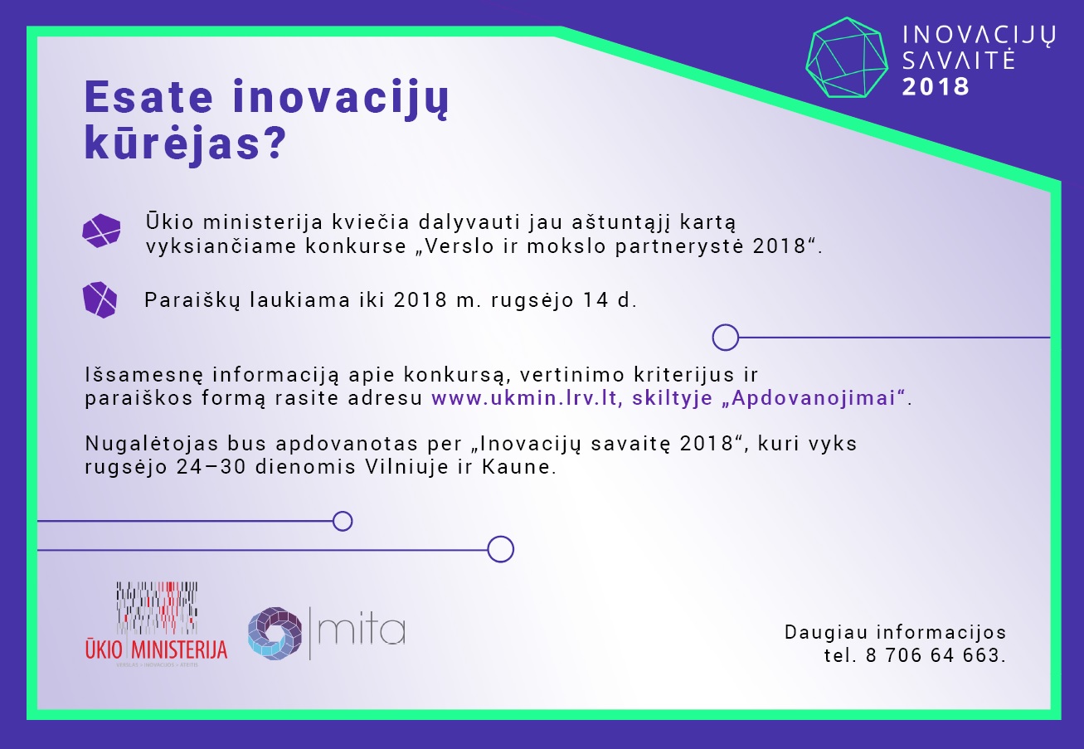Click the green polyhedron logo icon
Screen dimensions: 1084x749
click(847, 57)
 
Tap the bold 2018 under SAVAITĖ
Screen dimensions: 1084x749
click(936, 87)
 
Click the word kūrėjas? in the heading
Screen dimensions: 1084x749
click(186, 143)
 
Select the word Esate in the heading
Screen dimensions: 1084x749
click(148, 97)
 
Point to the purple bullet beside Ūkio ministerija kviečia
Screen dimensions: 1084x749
click(101, 231)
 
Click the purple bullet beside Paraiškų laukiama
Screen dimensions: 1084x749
click(100, 300)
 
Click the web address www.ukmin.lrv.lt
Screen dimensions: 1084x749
click(527, 398)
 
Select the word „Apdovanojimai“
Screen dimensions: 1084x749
click(813, 398)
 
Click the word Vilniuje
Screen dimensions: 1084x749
click(407, 467)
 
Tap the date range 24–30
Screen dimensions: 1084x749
click(211, 467)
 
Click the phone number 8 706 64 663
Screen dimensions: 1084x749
click(932, 655)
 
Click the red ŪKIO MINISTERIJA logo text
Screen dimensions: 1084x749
click(156, 649)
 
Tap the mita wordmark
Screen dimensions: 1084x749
click(362, 631)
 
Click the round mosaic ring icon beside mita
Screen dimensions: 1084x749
click(275, 634)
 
